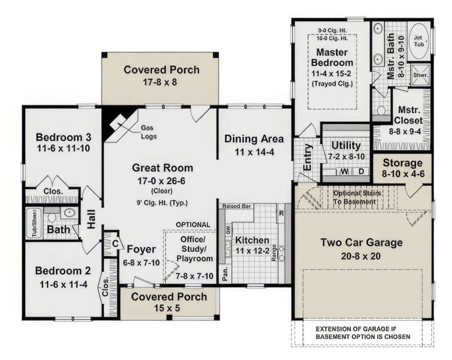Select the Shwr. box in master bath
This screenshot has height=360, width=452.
point(420,75)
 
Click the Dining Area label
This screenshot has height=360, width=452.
point(254,139)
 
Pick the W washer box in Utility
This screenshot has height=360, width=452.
point(343,172)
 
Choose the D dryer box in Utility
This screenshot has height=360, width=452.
point(360,172)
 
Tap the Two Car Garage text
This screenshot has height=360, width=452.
point(361,242)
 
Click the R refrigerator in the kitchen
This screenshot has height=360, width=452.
point(281,213)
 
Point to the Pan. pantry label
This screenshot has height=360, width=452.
point(224,272)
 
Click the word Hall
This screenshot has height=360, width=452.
point(91,219)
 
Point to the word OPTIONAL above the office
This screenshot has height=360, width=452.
point(192,225)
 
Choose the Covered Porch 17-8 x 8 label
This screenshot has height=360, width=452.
point(161,69)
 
